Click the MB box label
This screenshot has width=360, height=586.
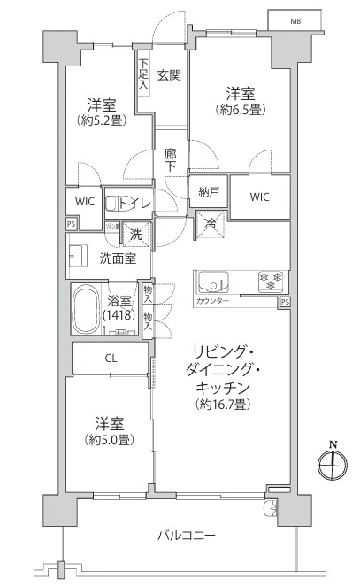click(294, 20)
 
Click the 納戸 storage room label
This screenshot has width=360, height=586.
click(209, 191)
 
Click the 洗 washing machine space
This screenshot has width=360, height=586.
click(137, 235)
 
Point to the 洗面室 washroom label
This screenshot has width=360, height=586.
click(117, 259)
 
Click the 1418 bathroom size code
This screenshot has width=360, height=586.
click(118, 315)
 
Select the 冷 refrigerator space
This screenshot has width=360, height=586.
click(211, 225)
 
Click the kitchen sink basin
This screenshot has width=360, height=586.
click(213, 282)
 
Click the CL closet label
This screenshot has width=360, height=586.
click(111, 358)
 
